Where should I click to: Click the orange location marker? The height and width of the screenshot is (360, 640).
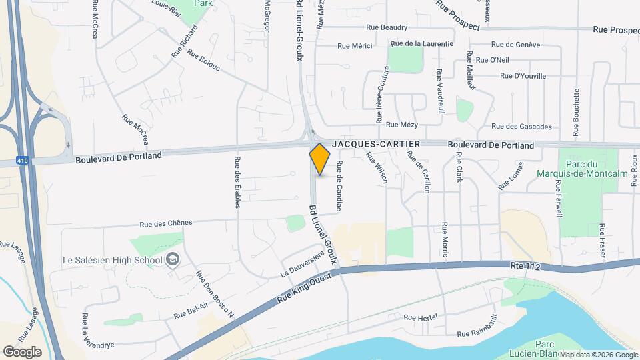tap(320, 159)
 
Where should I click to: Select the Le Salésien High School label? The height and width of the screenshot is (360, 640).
tap(112, 259)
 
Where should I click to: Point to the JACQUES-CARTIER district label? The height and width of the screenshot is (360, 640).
tap(376, 144)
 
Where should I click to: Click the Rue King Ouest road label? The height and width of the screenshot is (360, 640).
tap(304, 291)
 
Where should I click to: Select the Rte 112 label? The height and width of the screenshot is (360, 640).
tap(524, 266)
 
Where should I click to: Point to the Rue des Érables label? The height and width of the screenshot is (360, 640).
tap(237, 182)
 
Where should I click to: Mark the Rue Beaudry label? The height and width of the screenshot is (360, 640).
tap(387, 28)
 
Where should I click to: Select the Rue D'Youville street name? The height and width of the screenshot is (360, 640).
tap(522, 76)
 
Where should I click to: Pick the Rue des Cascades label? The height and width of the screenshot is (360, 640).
tap(521, 126)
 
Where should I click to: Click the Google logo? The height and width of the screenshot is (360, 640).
tap(22, 351)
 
